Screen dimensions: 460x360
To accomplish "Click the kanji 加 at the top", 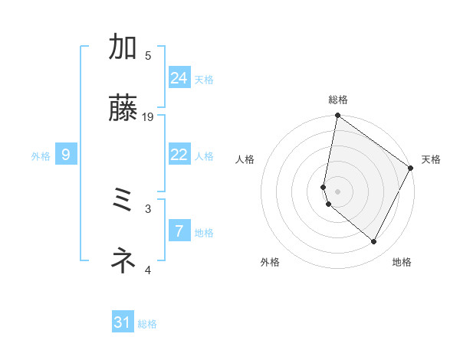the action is click(123, 47).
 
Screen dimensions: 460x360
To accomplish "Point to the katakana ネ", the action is click(123, 261).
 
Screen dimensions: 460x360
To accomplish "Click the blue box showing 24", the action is click(179, 78).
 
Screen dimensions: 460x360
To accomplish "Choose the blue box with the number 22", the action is click(179, 155).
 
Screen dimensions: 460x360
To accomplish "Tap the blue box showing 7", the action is click(179, 231).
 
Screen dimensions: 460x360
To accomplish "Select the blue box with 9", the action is click(66, 155).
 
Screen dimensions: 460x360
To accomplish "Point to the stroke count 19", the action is click(148, 116).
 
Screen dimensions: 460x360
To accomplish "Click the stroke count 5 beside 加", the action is click(148, 55).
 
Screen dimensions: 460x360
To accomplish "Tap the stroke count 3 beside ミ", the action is click(148, 208).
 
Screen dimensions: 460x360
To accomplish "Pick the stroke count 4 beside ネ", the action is click(148, 269).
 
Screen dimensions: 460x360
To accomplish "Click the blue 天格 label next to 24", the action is click(204, 80).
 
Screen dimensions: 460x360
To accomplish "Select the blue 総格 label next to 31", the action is click(147, 324).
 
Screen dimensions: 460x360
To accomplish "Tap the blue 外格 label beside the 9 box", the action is click(41, 156).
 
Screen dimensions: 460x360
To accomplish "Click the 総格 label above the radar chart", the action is click(338, 100).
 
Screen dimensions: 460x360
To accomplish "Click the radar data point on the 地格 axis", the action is click(374, 242).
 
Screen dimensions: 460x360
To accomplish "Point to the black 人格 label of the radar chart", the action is click(245, 159).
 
